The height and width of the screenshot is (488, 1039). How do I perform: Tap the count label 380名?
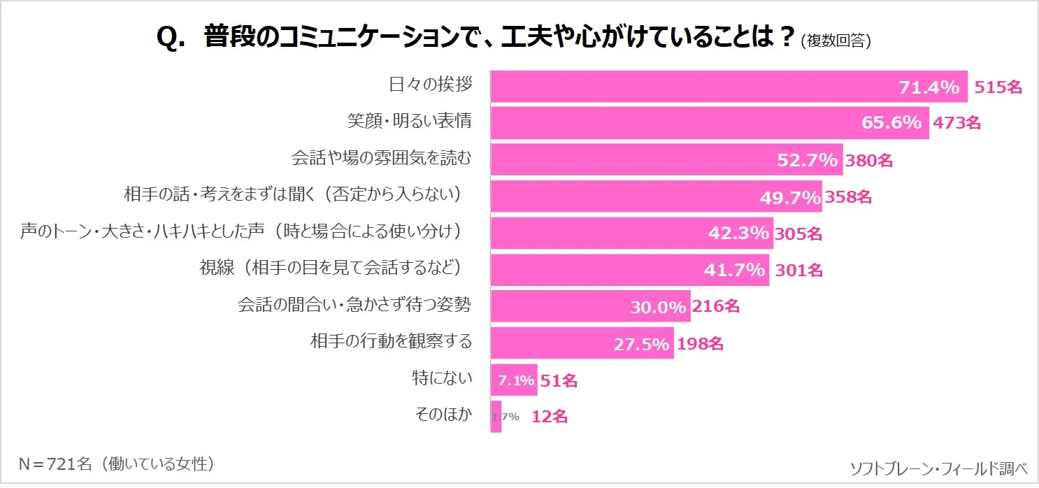869,160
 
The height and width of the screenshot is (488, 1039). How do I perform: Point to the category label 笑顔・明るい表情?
410,121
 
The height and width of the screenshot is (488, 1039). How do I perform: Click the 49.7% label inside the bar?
790,198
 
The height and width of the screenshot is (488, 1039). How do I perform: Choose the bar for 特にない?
514,380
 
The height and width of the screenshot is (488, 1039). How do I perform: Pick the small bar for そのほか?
496,417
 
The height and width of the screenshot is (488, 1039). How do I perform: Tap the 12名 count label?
550,417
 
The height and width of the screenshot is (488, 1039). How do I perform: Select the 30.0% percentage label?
658,306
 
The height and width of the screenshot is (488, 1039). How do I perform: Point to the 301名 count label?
798,270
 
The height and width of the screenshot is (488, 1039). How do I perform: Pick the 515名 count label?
998,87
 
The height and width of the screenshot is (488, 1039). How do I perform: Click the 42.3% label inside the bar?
738,234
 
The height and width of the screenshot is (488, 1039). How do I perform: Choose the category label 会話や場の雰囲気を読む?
381,158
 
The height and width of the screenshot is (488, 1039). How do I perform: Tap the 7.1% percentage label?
516,381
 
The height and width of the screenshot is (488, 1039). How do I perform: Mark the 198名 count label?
700,343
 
